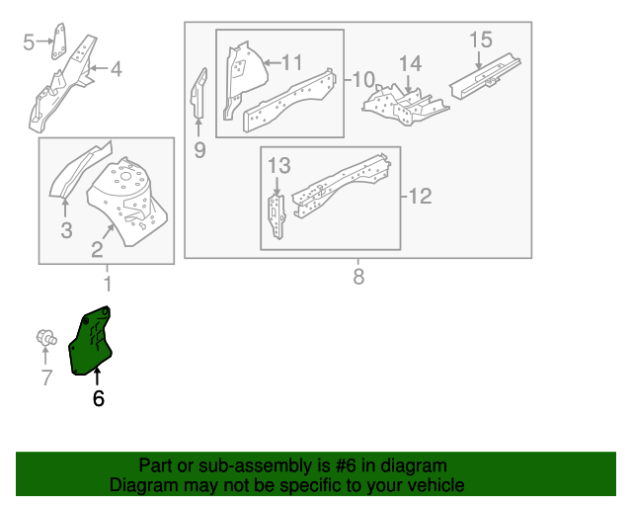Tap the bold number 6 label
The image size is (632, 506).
98,398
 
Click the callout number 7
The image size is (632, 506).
45,377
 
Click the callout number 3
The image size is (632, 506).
66,230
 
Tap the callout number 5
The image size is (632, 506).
29,41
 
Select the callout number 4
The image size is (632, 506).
116,68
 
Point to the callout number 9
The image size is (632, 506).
199,149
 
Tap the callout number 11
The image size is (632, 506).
291,61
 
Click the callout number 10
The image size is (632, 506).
363,78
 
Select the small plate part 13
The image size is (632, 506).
276,208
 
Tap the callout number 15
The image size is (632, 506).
480,40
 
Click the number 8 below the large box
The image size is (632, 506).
358,276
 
